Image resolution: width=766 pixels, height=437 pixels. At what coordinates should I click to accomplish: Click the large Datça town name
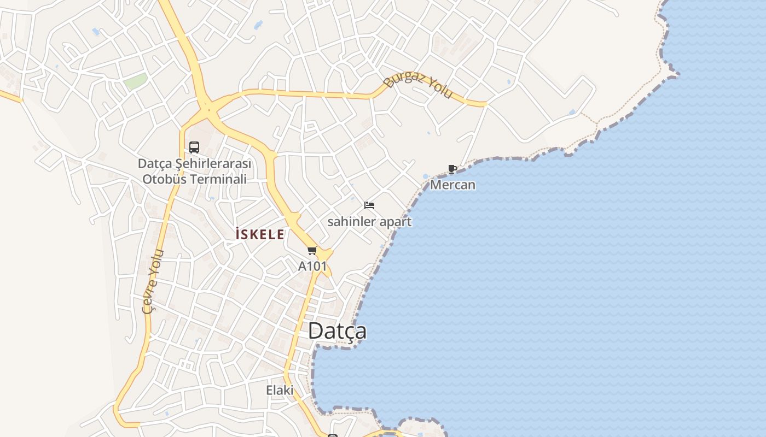[337, 331]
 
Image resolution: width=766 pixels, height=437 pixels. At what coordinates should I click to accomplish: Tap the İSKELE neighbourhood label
[259, 235]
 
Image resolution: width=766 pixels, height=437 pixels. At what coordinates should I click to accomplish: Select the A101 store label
[312, 267]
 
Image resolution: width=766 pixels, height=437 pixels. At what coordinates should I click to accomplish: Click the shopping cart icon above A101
[312, 251]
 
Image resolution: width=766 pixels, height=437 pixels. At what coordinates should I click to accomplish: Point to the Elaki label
[280, 390]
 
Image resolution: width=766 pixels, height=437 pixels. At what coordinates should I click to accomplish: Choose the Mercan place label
[452, 185]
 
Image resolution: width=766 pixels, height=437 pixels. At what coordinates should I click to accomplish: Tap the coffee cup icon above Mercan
[452, 169]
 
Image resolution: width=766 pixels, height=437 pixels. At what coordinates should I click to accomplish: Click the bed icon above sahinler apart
[369, 206]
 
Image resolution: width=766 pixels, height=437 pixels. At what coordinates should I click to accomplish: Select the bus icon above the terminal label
[194, 147]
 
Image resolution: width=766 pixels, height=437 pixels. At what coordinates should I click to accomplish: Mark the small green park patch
[135, 82]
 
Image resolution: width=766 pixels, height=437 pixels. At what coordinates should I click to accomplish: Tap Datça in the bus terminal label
[152, 164]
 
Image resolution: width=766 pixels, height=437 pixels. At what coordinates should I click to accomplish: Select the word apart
[396, 222]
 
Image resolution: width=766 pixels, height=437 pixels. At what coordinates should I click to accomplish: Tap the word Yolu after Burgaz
[440, 90]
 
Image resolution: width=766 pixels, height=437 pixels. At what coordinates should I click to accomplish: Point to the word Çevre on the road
[149, 298]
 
